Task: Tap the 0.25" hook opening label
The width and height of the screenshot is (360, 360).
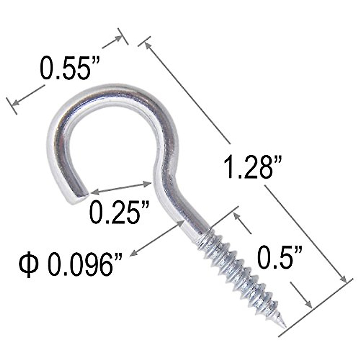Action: point(120,212)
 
